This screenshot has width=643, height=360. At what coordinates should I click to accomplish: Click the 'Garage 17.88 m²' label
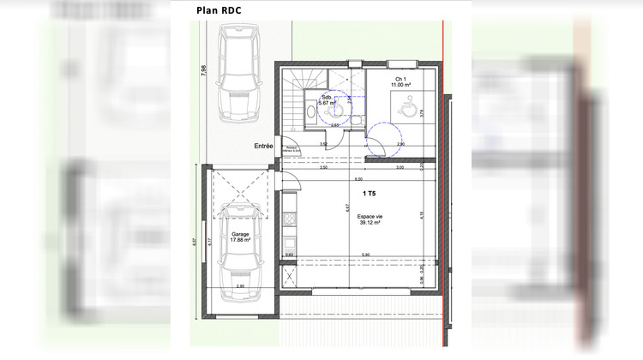240,237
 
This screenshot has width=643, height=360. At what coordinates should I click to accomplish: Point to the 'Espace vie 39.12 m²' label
370,220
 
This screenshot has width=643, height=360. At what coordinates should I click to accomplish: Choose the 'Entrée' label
263,147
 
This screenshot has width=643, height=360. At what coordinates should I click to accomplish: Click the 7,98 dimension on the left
203,71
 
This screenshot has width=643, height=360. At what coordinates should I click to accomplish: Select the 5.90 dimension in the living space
364,255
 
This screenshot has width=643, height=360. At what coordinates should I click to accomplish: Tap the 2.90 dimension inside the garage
240,285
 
